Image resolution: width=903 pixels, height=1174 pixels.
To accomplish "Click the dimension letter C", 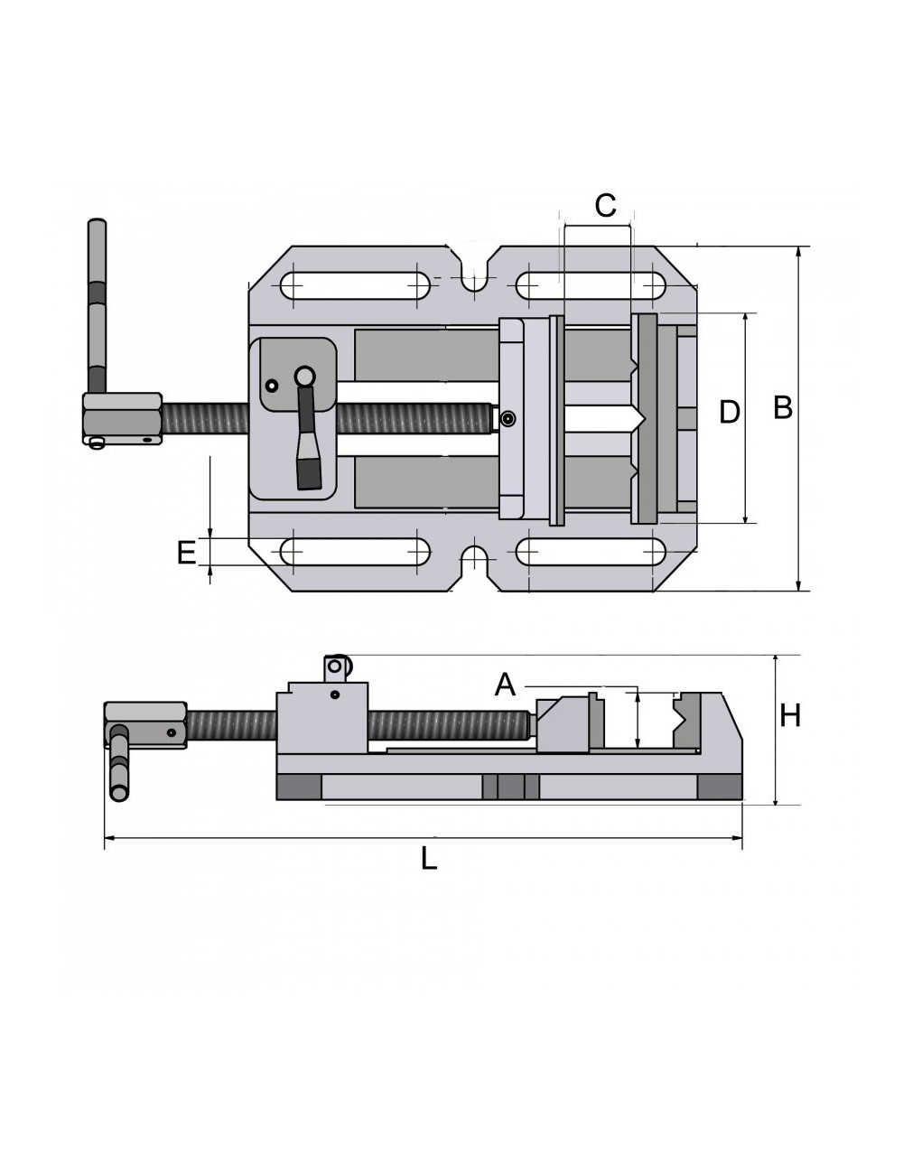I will click(605, 206).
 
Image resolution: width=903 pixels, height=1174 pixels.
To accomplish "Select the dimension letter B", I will click(783, 408).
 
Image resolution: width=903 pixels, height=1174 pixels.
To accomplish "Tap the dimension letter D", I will click(729, 413).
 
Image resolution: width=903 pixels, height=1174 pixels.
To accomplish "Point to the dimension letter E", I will click(186, 553).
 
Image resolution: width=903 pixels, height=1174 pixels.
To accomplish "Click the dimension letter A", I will click(505, 685).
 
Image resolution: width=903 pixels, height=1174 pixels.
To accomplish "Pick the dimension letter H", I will click(790, 716).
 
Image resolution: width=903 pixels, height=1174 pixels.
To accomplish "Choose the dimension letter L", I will click(429, 858).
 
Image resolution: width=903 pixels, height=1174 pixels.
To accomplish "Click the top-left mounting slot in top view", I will click(355, 285).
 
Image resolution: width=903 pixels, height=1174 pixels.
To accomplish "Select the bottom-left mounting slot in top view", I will click(355, 551).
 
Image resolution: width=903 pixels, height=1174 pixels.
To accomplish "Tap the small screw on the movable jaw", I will click(509, 418).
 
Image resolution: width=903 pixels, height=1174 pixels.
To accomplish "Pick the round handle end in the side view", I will click(118, 792).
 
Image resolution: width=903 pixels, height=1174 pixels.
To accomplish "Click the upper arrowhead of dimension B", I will click(799, 252).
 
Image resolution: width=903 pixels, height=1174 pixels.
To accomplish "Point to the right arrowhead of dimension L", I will click(738, 839).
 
